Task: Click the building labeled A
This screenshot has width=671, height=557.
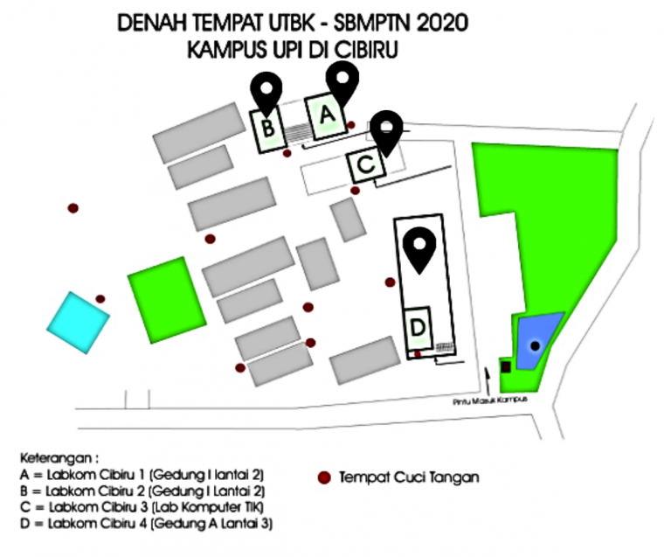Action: click(x=326, y=115)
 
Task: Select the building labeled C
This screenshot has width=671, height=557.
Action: click(x=366, y=164)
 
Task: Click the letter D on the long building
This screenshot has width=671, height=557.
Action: click(x=419, y=327)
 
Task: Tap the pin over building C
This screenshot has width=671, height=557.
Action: click(x=385, y=131)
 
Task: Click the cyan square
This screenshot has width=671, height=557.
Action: click(x=79, y=322)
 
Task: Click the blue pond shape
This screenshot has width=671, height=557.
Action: click(x=538, y=340)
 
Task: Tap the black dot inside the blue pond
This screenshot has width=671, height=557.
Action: click(x=535, y=346)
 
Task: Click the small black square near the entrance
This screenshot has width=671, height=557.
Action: click(x=505, y=365)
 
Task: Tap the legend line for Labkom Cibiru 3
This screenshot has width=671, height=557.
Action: click(x=135, y=507)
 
